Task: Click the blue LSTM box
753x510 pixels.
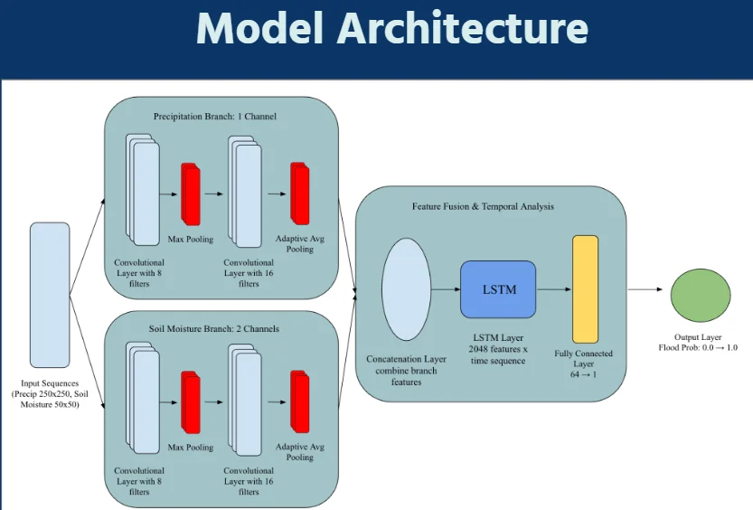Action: click(498, 289)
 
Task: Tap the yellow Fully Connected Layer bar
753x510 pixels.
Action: click(585, 289)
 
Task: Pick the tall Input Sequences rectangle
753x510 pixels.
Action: click(49, 294)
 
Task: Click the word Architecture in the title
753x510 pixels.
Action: click(461, 29)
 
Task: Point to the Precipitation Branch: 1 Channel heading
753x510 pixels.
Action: click(214, 117)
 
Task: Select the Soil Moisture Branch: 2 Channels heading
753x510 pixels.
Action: click(214, 328)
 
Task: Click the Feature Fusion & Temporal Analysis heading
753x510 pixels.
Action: click(483, 206)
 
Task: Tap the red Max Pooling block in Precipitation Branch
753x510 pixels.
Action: click(190, 193)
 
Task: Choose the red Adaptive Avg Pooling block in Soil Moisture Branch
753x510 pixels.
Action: click(299, 402)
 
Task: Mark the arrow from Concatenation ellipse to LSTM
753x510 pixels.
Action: click(445, 289)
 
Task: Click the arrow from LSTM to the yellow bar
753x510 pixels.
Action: click(553, 289)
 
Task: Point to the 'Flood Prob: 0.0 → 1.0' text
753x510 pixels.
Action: click(699, 347)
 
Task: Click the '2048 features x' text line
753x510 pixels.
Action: click(497, 348)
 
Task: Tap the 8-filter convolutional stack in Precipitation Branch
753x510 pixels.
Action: click(142, 190)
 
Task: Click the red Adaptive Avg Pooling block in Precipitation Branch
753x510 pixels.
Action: click(299, 193)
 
